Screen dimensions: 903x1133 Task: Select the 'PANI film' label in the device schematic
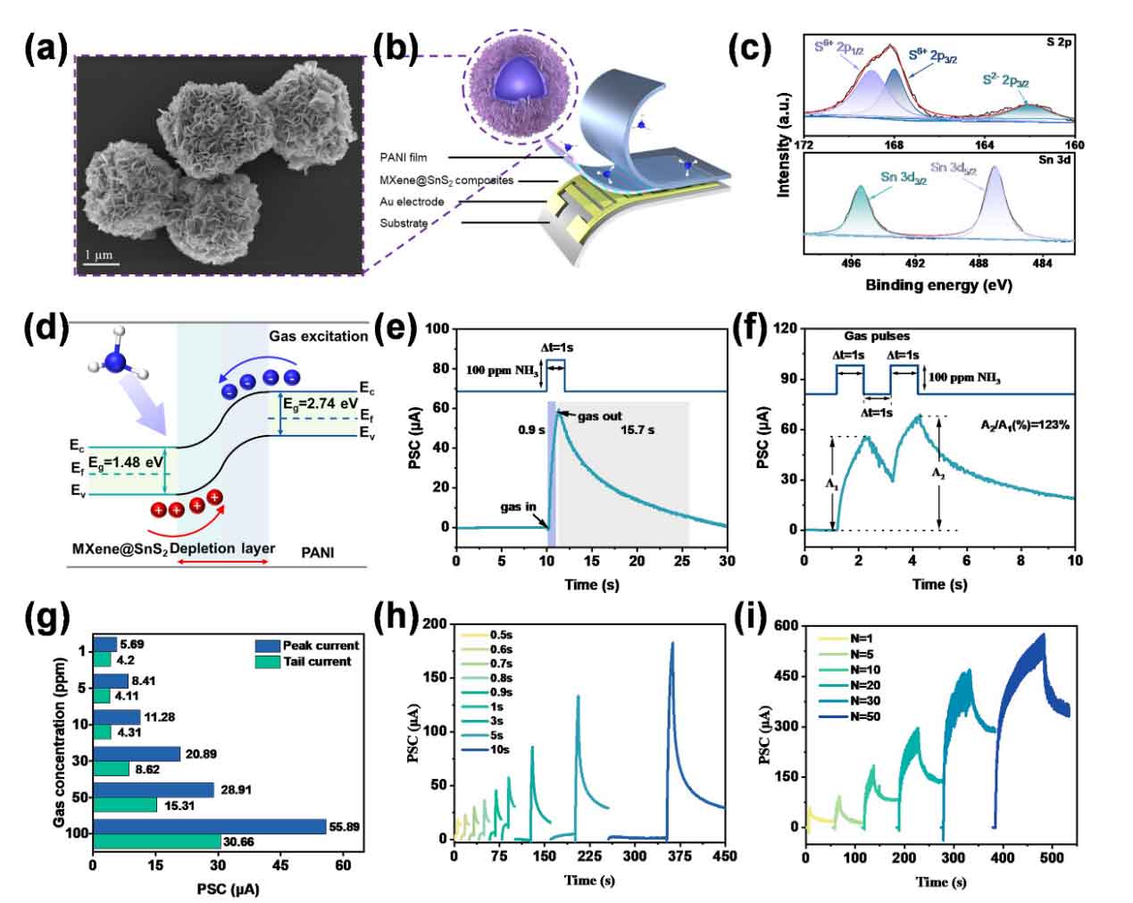coord(404,157)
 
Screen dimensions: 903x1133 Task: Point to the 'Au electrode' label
coord(412,202)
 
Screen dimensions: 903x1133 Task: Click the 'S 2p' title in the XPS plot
coord(1059,42)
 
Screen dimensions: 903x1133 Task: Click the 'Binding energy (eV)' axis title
coord(938,286)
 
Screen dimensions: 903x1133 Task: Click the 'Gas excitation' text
coord(319,336)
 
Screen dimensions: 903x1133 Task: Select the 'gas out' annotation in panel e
coord(600,416)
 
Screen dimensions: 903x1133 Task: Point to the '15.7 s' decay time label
coord(637,430)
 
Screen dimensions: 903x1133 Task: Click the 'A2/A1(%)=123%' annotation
coord(1025,425)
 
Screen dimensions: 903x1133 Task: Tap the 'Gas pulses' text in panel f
coord(877,336)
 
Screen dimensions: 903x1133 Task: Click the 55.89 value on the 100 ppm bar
coord(344,827)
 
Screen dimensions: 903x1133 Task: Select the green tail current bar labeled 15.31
coord(125,805)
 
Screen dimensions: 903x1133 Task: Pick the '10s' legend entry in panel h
coord(499,749)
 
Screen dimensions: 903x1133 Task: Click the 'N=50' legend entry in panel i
coord(865,716)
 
